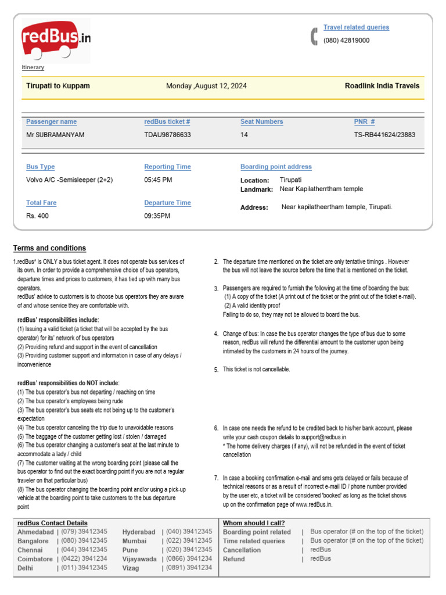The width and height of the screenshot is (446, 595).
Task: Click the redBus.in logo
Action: click(56, 40)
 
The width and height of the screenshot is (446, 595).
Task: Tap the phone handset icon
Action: click(314, 36)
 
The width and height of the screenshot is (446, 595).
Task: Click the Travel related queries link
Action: click(356, 27)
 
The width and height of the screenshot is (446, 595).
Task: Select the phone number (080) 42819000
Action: click(346, 41)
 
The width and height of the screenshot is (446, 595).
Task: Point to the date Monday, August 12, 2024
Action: click(206, 86)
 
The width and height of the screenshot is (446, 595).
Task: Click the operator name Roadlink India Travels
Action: click(382, 86)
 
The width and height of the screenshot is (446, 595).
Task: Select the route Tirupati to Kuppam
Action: click(58, 86)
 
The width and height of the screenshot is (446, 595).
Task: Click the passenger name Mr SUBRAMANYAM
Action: click(55, 135)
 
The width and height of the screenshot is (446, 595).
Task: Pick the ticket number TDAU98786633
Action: click(167, 135)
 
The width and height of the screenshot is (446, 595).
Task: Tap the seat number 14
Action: click(244, 135)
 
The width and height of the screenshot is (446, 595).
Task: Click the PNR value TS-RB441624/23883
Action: click(384, 135)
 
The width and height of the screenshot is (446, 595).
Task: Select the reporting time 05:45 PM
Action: click(158, 180)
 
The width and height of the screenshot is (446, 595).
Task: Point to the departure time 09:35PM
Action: click(157, 216)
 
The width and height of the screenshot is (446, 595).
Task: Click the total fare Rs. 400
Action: click(38, 216)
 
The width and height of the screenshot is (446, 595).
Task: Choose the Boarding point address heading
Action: click(276, 167)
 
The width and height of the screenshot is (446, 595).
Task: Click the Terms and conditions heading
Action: click(49, 248)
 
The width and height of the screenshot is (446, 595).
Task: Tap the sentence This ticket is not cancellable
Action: click(256, 370)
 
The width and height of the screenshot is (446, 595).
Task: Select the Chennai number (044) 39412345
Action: click(84, 550)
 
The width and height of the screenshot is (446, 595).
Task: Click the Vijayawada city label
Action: click(139, 559)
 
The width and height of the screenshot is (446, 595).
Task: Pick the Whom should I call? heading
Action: click(254, 523)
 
